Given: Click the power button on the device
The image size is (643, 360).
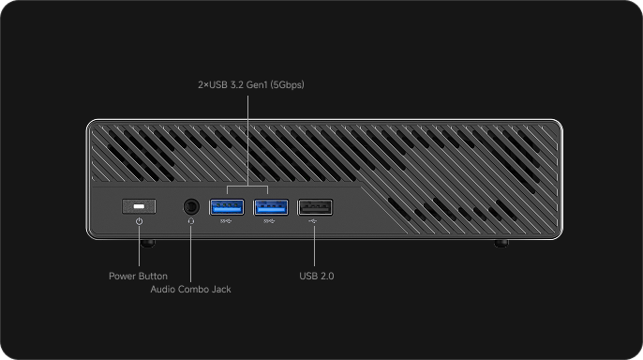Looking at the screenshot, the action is (139, 206).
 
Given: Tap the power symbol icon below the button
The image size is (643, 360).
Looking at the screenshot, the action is (140, 221).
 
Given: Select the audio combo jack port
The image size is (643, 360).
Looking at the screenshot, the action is (191, 206).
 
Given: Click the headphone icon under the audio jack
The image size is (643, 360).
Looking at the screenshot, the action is (191, 221).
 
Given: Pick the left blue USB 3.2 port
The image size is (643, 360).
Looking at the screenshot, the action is (227, 207).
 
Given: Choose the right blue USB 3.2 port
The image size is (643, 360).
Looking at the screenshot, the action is (271, 207).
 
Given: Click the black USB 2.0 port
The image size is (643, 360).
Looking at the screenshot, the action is (315, 207).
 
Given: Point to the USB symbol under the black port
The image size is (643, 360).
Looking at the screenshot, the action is (313, 221).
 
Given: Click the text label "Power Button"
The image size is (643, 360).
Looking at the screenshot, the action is (138, 276).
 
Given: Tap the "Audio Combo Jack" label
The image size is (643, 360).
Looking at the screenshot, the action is (190, 289).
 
